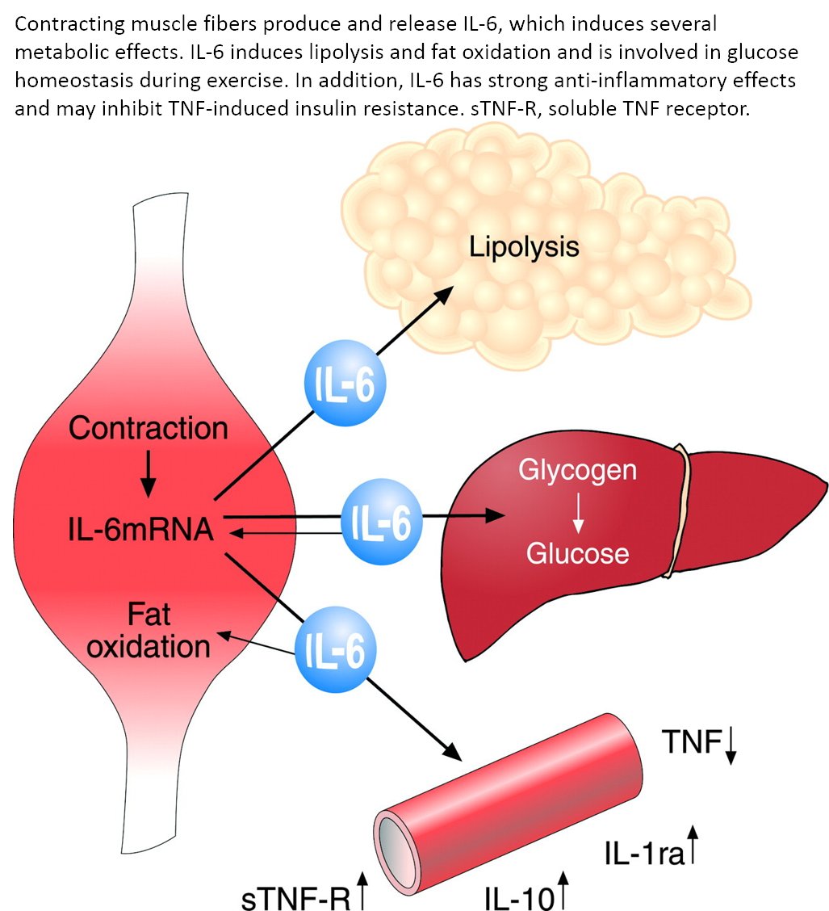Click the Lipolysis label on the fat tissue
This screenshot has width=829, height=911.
(x=524, y=246)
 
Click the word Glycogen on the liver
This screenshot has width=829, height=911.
(x=577, y=471)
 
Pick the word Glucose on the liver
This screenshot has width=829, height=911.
(x=577, y=553)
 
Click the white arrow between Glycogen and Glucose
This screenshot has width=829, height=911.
(x=577, y=513)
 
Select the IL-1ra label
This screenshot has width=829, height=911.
(x=643, y=851)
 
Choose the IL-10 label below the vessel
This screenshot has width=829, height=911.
(x=516, y=895)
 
